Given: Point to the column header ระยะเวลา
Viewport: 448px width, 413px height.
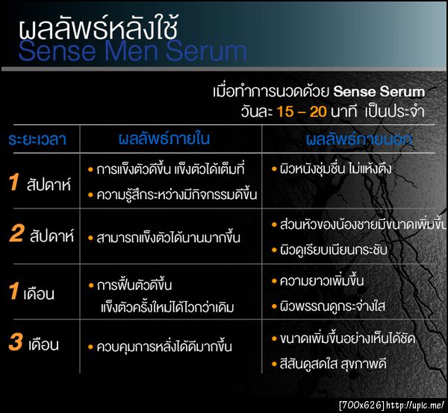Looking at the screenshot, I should (38, 139).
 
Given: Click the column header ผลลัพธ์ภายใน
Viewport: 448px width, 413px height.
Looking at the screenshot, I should (165, 139).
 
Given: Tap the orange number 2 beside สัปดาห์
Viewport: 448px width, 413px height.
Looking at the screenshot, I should (16, 235).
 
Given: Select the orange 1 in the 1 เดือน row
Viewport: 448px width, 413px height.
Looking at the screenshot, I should (13, 291).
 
